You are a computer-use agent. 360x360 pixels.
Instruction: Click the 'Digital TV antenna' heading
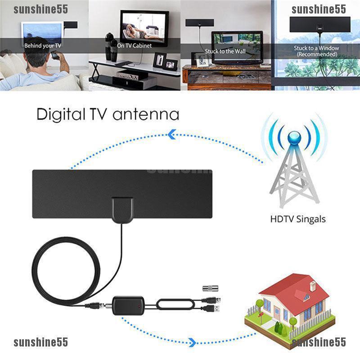(108, 114)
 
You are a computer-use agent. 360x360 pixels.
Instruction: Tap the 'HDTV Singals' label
(298, 220)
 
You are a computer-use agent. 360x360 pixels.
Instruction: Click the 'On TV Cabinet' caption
(135, 45)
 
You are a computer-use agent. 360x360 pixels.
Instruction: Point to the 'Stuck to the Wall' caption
(225, 51)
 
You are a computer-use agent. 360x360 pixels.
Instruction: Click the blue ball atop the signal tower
(295, 137)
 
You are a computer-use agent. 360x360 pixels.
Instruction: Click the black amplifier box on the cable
(128, 305)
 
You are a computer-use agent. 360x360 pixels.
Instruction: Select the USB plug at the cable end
(215, 309)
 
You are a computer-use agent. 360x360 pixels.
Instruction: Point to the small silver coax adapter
(208, 288)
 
